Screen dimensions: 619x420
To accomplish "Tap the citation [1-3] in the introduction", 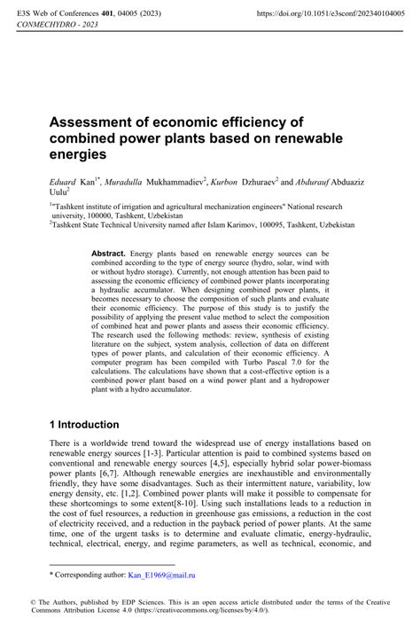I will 148,453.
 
